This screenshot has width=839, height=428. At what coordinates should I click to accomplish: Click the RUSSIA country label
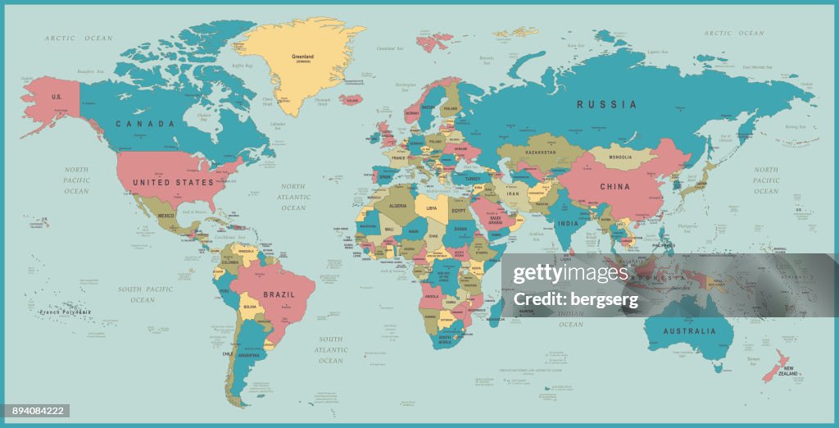click(x=606, y=104)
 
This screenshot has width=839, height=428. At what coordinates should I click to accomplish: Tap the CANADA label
click(x=145, y=124)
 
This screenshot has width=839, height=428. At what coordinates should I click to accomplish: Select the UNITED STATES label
click(x=173, y=182)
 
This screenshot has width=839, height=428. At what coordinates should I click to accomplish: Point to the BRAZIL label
click(x=279, y=294)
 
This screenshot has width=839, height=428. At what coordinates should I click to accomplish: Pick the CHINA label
click(x=615, y=187)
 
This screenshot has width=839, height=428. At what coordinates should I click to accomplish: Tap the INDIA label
click(x=568, y=223)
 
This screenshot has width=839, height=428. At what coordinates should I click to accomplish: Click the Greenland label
click(x=302, y=57)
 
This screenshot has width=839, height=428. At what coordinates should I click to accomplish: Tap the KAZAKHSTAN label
click(x=542, y=153)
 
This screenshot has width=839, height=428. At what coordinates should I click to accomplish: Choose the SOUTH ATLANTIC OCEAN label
click(x=331, y=349)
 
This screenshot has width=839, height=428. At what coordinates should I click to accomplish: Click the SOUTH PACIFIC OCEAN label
click(x=144, y=294)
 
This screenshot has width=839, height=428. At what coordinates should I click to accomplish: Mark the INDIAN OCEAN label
click(x=570, y=318)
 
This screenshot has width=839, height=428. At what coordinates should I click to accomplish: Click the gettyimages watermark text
click(x=569, y=274)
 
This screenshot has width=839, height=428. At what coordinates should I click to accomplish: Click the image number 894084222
click(x=35, y=411)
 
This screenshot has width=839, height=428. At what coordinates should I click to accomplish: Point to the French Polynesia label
click(x=66, y=312)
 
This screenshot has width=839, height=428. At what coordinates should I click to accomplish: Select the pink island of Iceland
click(x=351, y=99)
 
